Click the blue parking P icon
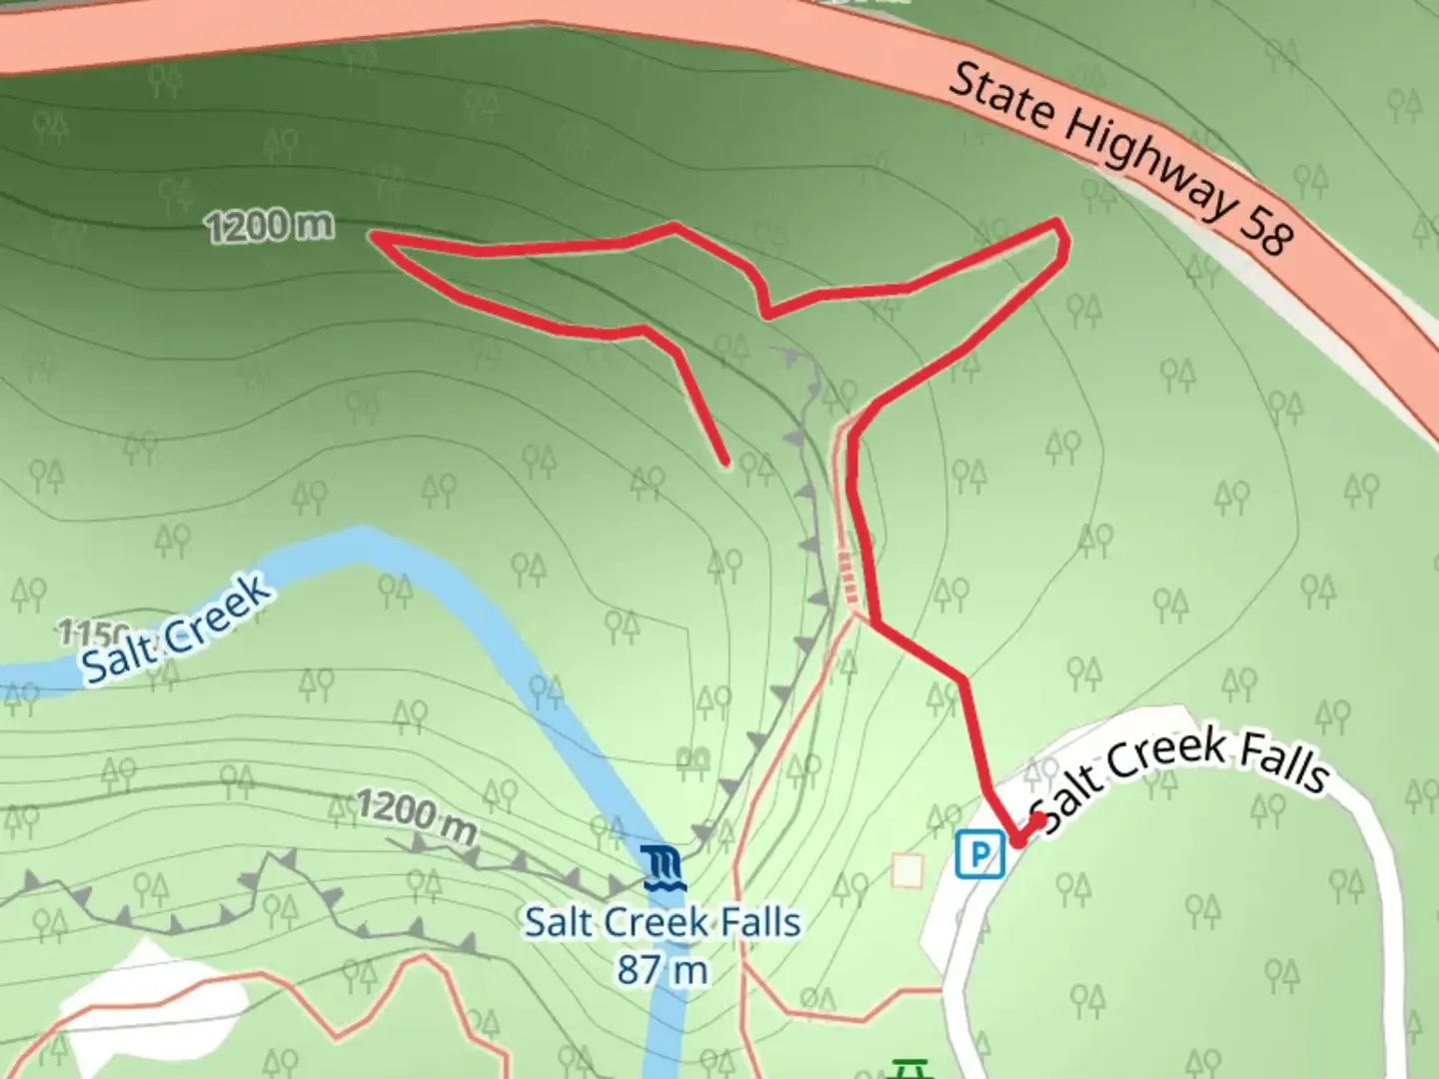(979, 855)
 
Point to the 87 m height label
(663, 969)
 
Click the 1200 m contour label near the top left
(270, 226)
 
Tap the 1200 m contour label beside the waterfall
(416, 814)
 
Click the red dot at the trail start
(1039, 820)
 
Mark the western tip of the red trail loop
(376, 237)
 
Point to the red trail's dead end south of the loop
(724, 462)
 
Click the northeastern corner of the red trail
(1059, 222)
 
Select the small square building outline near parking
(907, 870)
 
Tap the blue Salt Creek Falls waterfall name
(663, 922)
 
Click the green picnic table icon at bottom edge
(907, 1070)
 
